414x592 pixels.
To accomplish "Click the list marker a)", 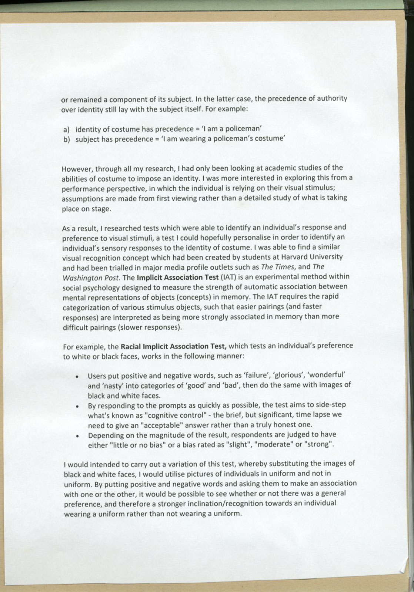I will coord(67,129).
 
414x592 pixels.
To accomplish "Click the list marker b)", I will coord(67,139).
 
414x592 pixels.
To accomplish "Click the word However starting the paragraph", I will coord(77,169).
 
